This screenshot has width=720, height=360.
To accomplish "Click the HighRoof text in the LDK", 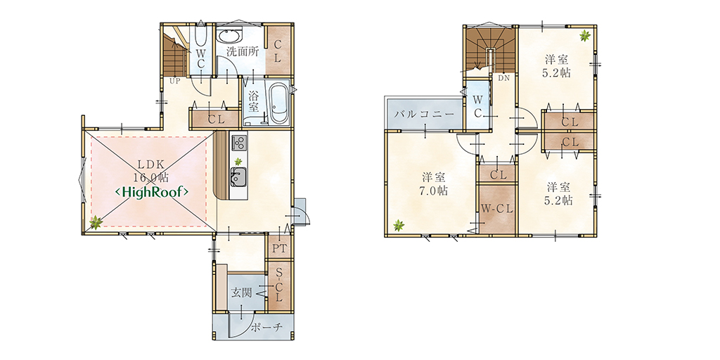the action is tap(152, 192).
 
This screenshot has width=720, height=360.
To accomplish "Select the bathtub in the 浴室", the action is tap(278, 103).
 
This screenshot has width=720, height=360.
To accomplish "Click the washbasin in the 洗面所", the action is tap(229, 36).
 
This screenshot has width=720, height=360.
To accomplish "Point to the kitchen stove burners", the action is tap(238, 143).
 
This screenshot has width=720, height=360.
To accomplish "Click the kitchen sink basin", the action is tap(238, 176).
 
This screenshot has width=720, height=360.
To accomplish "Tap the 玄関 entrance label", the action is tap(242, 292).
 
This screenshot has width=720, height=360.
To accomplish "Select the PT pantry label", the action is tap(280, 249).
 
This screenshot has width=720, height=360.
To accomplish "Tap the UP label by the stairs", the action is tap(175, 82).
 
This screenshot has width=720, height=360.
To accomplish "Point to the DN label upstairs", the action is tap(503, 78).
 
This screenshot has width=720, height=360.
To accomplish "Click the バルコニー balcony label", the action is tap(424, 115).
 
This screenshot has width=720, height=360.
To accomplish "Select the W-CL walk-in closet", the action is tap(497, 209).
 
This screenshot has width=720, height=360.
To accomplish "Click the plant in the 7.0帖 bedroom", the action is tap(398, 225).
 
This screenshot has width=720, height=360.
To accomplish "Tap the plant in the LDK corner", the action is tap(96, 223).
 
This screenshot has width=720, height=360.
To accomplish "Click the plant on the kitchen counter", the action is tap(238, 162).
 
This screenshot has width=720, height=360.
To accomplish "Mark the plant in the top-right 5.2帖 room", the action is tap(584, 35).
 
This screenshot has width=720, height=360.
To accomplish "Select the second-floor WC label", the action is tap(477, 107).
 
